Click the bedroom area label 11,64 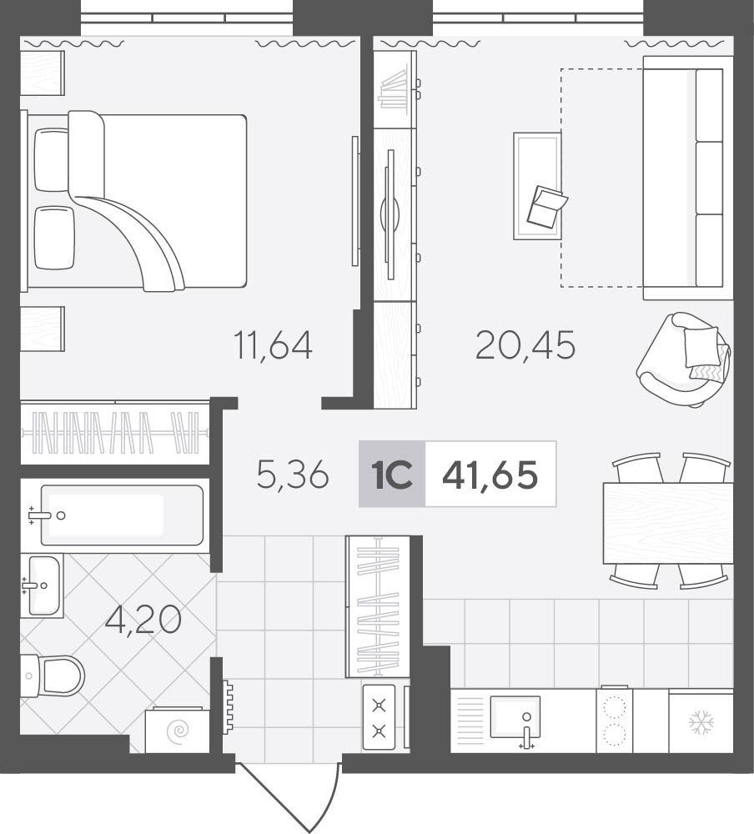[x=273, y=345]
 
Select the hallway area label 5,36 [x=293, y=475]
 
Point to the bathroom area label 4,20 [x=143, y=620]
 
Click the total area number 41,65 [x=490, y=475]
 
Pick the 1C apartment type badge [x=392, y=475]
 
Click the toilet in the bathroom [x=53, y=676]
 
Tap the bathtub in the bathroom [x=122, y=515]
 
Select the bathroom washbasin [x=42, y=585]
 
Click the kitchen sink [x=515, y=717]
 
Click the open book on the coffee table [x=547, y=207]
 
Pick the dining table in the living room [x=668, y=523]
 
